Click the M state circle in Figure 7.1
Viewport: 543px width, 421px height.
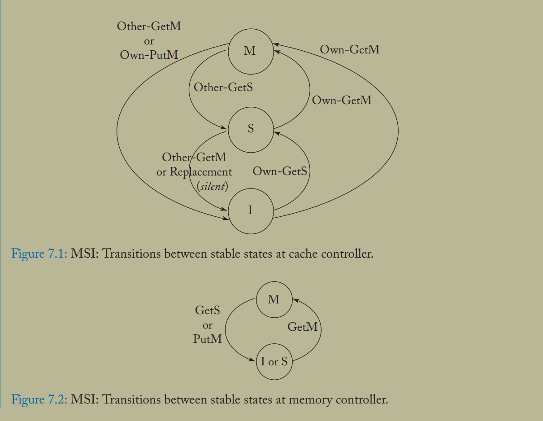click(250, 51)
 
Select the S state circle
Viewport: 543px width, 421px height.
click(250, 129)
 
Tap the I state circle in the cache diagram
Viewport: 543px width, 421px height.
click(250, 210)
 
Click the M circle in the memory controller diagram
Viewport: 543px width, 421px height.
click(274, 300)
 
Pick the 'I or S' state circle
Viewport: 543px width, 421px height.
click(274, 362)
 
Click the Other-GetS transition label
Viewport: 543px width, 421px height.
click(223, 87)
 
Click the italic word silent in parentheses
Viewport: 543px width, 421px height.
click(213, 186)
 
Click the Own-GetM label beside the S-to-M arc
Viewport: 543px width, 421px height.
click(342, 100)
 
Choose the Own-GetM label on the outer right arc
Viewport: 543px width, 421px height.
click(350, 49)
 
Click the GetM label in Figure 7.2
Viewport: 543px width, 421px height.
click(302, 327)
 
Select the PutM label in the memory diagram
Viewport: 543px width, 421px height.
click(207, 339)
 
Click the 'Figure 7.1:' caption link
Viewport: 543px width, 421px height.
click(39, 254)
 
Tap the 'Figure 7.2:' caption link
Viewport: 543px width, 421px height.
click(39, 399)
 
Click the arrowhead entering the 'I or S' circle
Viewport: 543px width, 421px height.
click(252, 360)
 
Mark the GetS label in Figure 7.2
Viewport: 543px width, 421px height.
click(207, 310)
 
